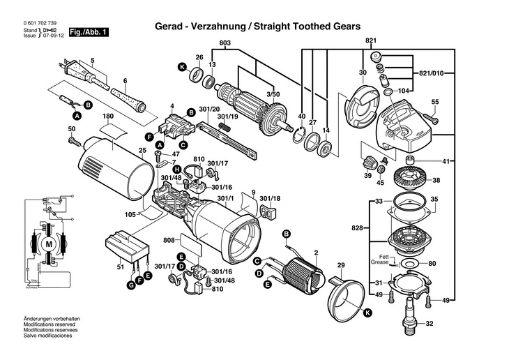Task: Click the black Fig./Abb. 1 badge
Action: pyautogui.click(x=88, y=32)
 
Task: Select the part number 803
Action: pyautogui.click(x=225, y=44)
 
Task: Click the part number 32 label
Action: pyautogui.click(x=430, y=324)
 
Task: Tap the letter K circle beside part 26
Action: pyautogui.click(x=183, y=67)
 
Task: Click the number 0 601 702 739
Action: pyautogui.click(x=40, y=24)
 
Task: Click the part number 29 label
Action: pyautogui.click(x=341, y=264)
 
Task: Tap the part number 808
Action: pyautogui.click(x=169, y=241)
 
